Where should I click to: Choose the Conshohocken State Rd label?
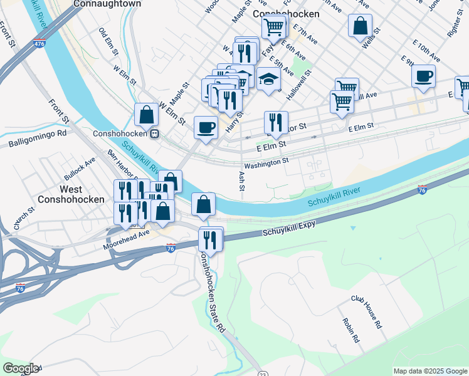pyautogui.click(x=212, y=291)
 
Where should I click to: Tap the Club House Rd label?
pyautogui.click(x=366, y=312)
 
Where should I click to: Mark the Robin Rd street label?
pyautogui.click(x=350, y=330)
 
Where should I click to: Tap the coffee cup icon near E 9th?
pyautogui.click(x=423, y=76)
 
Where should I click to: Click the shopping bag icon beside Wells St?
pyautogui.click(x=360, y=26)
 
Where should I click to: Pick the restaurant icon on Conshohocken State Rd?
pyautogui.click(x=210, y=239)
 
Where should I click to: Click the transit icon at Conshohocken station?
pyautogui.click(x=154, y=133)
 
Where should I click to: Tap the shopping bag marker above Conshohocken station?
pyautogui.click(x=146, y=115)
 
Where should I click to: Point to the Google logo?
pyautogui.click(x=21, y=368)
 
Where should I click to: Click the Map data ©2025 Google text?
pyautogui.click(x=429, y=371)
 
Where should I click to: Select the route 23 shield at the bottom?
pyautogui.click(x=263, y=373)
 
